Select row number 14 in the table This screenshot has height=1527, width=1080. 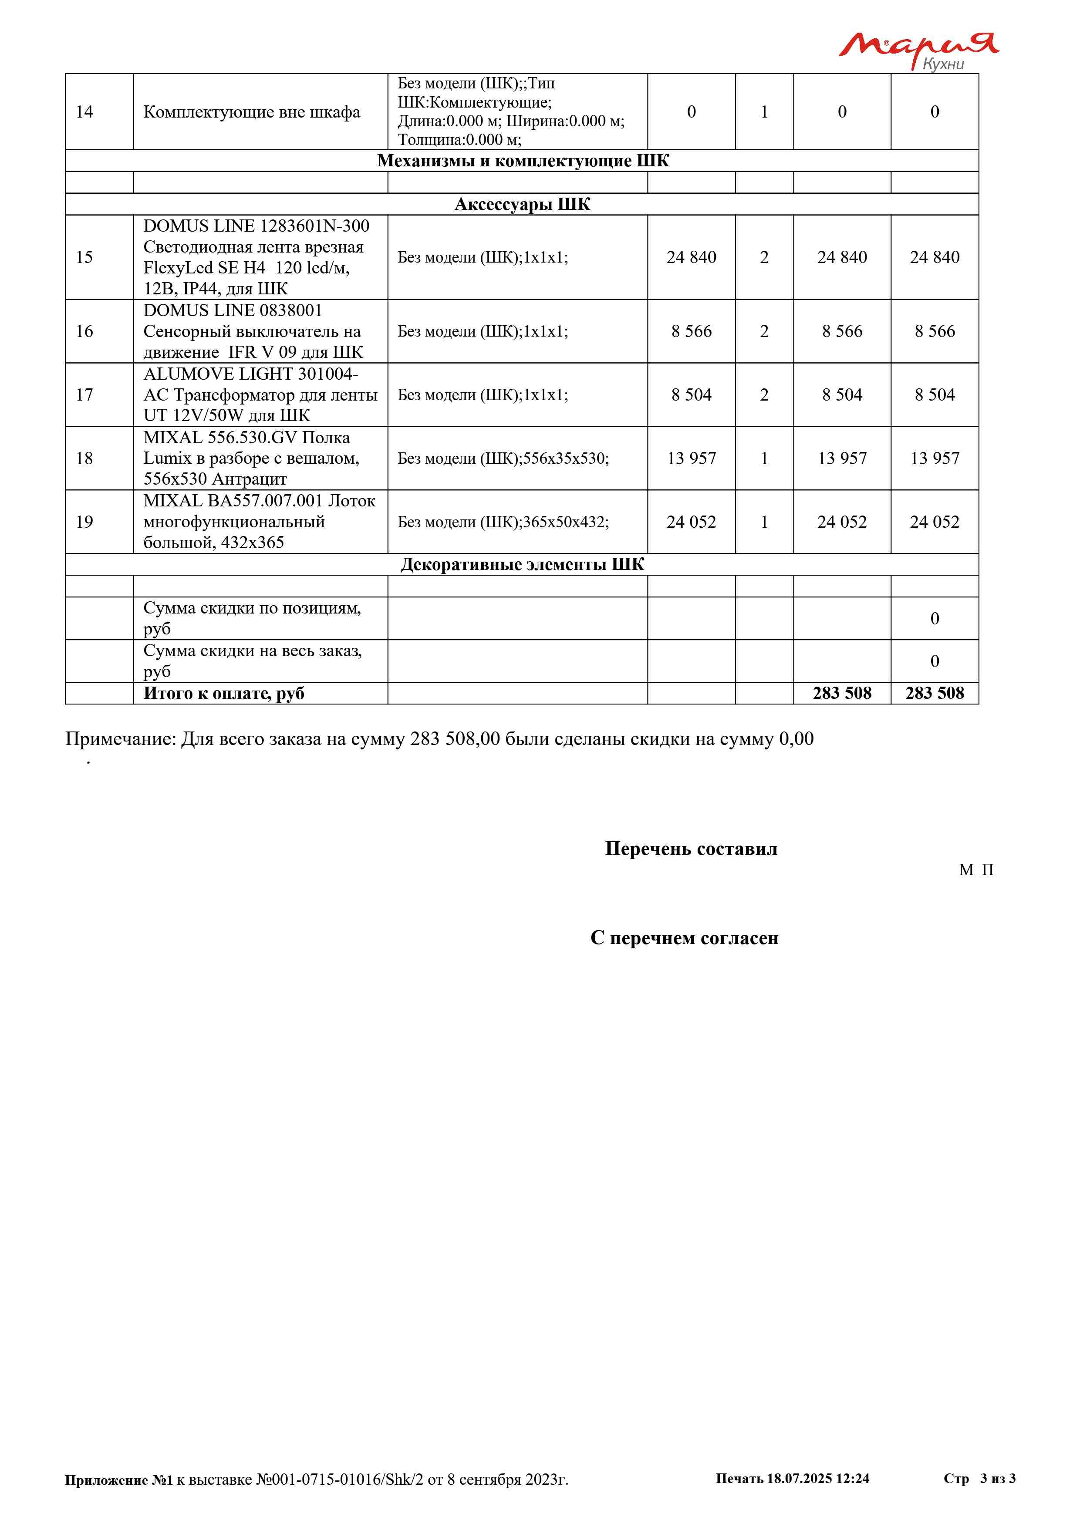[84, 112]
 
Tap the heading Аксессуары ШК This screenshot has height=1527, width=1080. [522, 204]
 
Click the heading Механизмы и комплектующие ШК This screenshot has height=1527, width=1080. [522, 161]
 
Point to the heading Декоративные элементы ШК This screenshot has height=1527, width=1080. [522, 565]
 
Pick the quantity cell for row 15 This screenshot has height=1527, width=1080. [764, 257]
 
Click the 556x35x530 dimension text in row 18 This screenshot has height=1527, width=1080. [565, 458]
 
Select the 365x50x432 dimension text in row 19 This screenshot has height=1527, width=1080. [565, 522]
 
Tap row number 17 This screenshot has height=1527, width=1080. [84, 395]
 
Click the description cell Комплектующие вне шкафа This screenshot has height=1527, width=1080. [251, 112]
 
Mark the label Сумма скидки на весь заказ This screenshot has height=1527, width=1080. [252, 651]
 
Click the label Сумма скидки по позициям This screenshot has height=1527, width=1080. [251, 609]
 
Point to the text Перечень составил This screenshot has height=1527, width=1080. [691, 849]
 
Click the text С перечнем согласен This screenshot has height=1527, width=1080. [684, 938]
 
